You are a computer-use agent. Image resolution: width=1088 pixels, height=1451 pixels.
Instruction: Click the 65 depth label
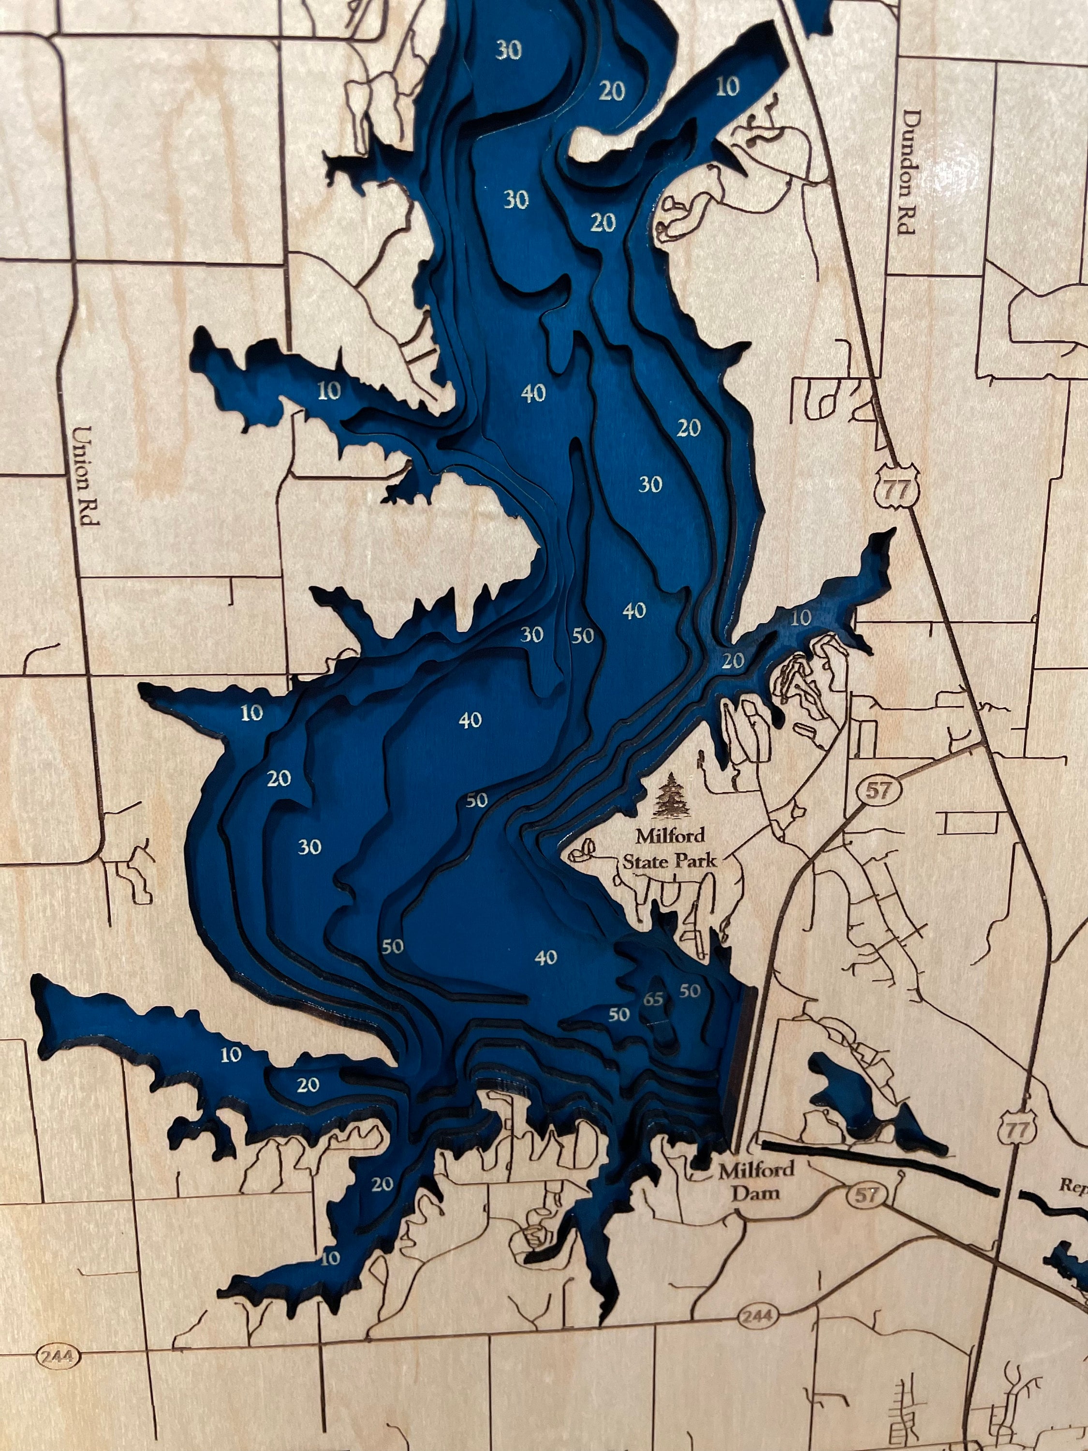pos(654,1000)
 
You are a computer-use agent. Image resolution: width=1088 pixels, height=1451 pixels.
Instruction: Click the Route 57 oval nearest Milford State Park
pos(878,790)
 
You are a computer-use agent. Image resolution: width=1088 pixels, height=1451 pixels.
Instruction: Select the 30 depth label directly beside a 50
pos(532,634)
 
